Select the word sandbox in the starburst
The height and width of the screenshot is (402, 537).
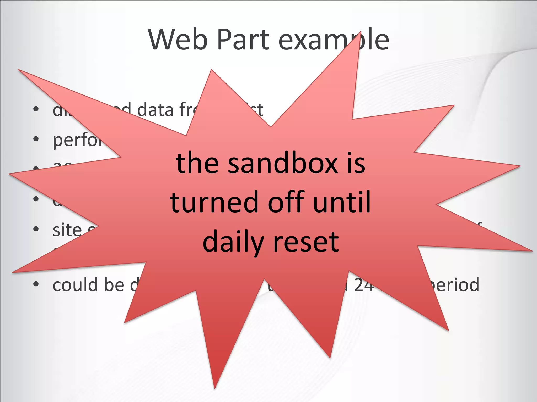(x=283, y=163)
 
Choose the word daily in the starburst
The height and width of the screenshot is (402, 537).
(x=233, y=242)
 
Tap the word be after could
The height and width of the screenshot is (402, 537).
(x=114, y=284)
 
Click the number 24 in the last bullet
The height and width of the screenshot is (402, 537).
(x=364, y=284)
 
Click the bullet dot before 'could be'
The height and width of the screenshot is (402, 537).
(x=36, y=284)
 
